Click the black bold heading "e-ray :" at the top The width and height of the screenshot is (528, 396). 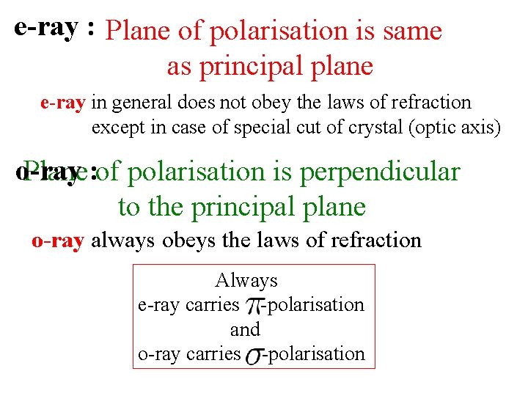54,28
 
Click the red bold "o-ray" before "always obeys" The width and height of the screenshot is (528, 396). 58,240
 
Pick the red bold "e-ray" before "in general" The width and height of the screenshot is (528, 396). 63,103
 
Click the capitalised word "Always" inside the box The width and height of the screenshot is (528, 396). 246,280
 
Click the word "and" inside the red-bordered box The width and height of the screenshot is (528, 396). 245,329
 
